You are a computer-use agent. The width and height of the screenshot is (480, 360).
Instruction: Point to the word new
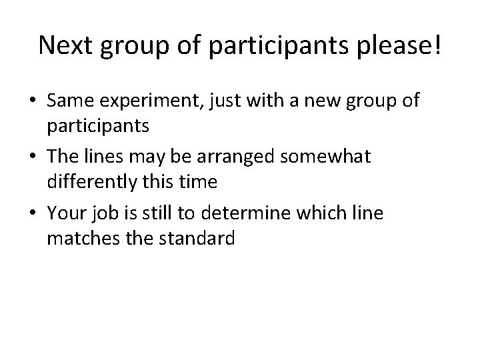[x=321, y=101]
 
